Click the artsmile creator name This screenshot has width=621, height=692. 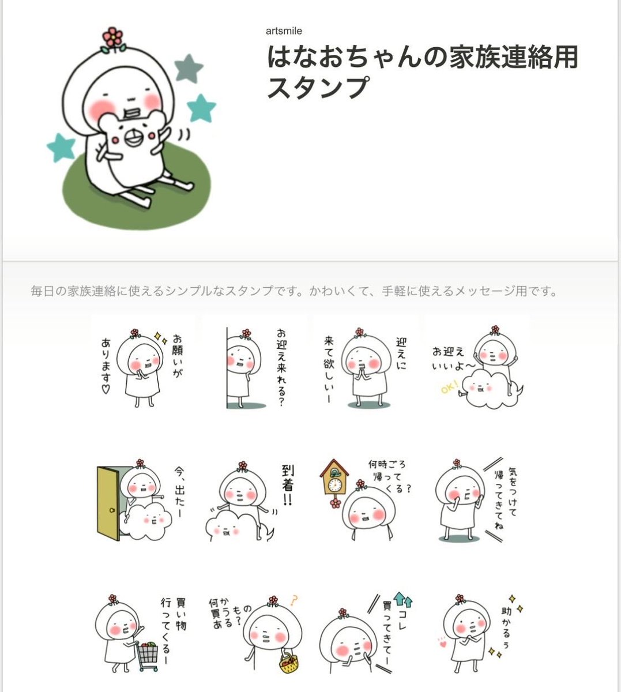click(284, 31)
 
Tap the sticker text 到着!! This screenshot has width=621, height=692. click(287, 485)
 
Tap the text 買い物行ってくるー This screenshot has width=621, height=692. click(172, 629)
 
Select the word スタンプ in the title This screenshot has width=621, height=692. click(317, 88)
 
